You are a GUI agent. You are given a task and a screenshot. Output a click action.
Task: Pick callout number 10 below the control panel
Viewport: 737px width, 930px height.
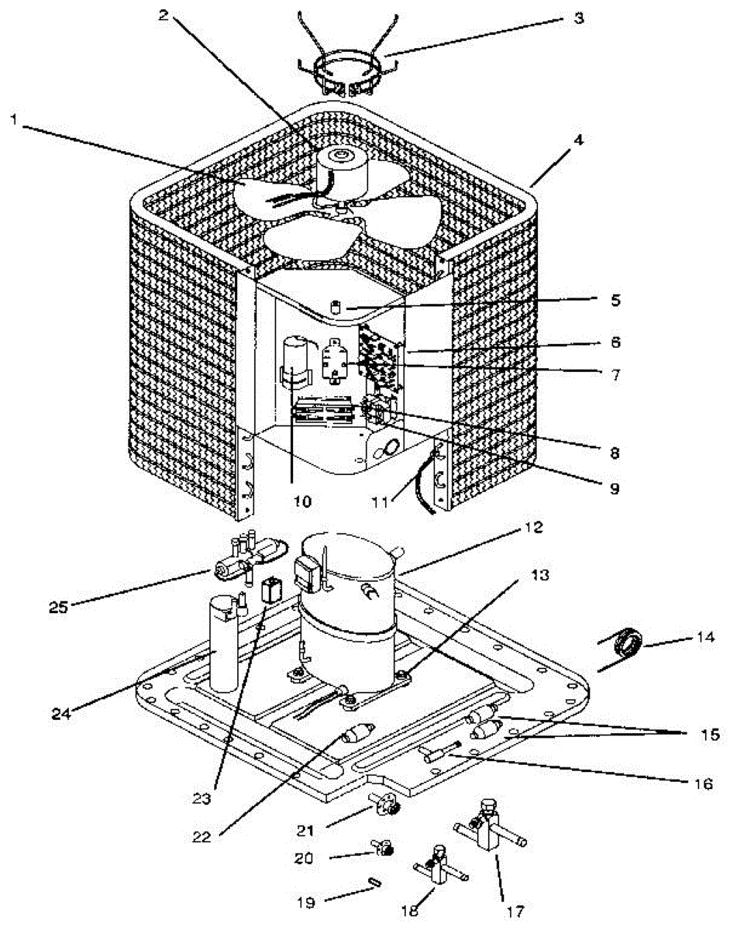[303, 501]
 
